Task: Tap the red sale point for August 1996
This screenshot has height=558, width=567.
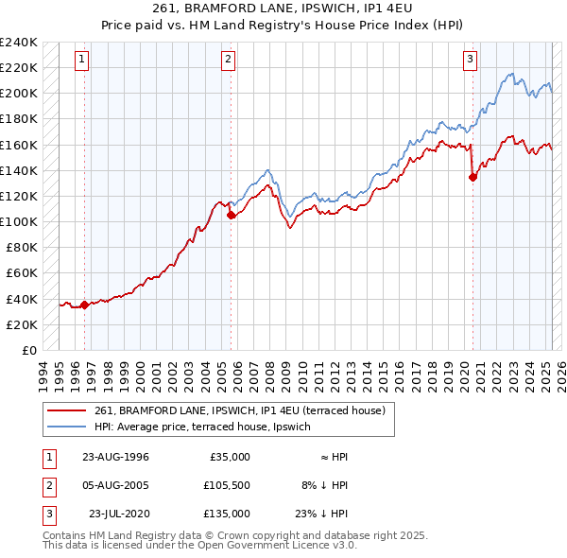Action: [85, 305]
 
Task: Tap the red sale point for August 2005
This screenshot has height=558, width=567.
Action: [231, 215]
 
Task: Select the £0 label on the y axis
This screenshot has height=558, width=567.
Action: [28, 350]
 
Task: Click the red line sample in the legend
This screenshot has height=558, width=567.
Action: [68, 411]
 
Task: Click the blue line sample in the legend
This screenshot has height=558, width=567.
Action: [68, 427]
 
